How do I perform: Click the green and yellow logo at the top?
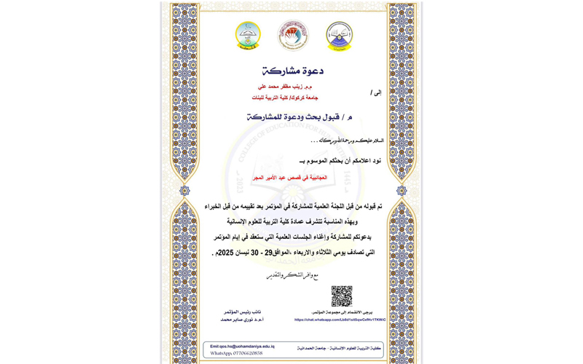[248, 36]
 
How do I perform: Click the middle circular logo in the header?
[293, 35]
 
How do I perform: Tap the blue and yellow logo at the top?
[339, 36]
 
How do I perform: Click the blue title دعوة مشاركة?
[293, 71]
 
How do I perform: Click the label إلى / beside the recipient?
[375, 92]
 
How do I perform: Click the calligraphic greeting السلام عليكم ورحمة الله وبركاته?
[347, 141]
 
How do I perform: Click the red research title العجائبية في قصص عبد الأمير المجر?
[290, 178]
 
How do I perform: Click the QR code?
[342, 296]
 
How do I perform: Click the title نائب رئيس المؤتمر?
[242, 312]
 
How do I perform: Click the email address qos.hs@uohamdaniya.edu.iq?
[243, 347]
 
